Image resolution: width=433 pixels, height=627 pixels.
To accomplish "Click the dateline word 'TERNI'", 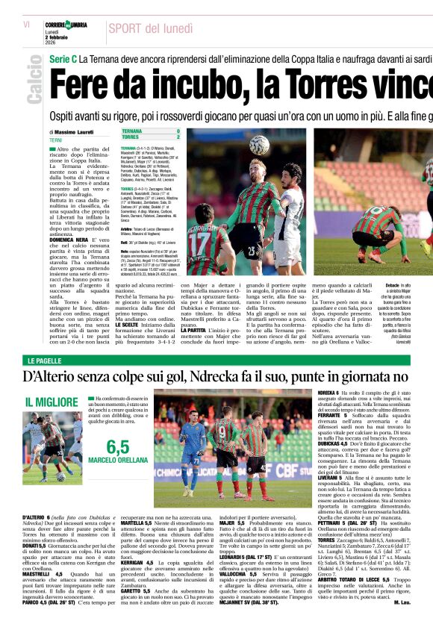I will (56, 140).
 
